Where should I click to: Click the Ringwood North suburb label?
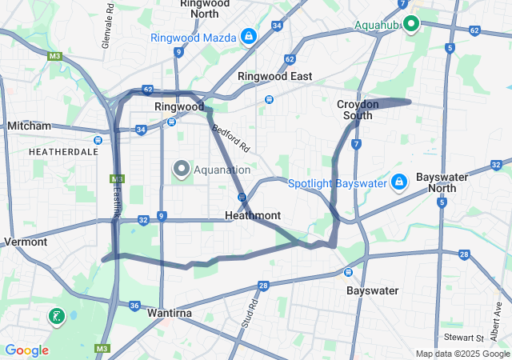[205, 8]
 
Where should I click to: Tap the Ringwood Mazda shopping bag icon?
[250, 36]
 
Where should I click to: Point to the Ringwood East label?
[274, 76]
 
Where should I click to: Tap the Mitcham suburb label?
[29, 126]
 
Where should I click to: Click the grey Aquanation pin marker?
[182, 169]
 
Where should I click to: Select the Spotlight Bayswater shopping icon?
[398, 182]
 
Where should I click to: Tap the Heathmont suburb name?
[252, 216]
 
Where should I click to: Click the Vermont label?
[26, 242]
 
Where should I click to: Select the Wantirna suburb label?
[168, 314]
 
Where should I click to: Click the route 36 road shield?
[134, 305]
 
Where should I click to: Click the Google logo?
[26, 350]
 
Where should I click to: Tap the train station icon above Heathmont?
[241, 197]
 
